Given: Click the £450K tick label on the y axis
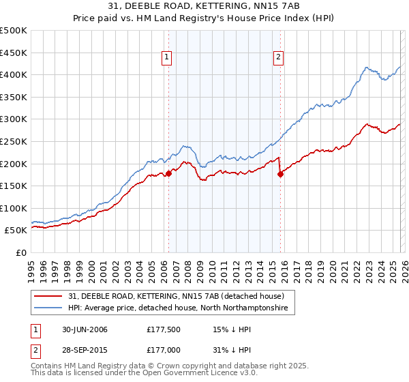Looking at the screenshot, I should [x=14, y=53].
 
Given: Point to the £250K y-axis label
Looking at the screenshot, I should [x=14, y=141].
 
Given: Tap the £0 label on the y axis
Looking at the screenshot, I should [x=22, y=252].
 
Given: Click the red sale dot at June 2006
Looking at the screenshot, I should [x=168, y=173].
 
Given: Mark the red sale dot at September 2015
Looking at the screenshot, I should [x=280, y=174].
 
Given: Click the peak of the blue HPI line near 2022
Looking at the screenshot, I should [x=367, y=68].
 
